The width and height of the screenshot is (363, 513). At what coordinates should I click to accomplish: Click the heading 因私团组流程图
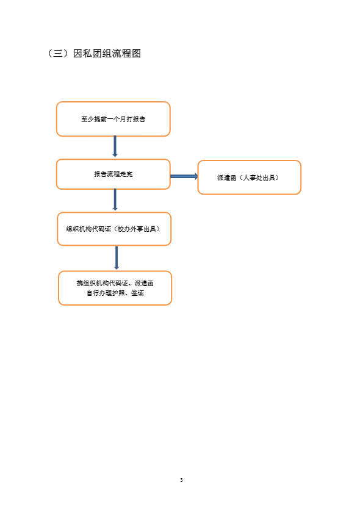pos(107,53)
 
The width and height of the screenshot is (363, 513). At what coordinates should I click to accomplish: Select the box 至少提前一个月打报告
pos(113,119)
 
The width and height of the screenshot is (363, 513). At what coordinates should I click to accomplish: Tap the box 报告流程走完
pos(113,174)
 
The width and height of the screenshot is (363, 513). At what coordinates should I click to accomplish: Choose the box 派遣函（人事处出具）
pos(250,178)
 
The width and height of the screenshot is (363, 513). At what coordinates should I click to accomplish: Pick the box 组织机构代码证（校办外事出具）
pos(114,229)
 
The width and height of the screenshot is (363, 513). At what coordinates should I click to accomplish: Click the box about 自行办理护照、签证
pos(115,288)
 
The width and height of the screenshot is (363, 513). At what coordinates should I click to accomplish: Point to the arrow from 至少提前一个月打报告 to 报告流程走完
pos(115,146)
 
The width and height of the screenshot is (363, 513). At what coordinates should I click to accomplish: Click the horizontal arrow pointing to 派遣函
pos(184,176)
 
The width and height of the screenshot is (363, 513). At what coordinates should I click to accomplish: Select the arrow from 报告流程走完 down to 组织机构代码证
pos(115,199)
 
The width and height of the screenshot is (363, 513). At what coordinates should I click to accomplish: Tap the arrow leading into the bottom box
pos(116,258)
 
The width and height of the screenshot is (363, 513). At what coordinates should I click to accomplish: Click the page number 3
pos(181,480)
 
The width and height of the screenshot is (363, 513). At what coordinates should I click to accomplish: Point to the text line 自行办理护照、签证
pos(115,293)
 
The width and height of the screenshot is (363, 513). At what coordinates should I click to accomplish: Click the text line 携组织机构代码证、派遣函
pos(115,283)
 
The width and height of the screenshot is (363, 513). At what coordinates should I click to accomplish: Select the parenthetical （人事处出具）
pos(259,178)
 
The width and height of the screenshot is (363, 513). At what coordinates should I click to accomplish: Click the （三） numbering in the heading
pos(58,53)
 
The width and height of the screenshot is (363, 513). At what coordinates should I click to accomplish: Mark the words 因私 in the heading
pos(82,53)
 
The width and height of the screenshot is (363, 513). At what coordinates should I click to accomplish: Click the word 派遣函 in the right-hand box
pos(227,178)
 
